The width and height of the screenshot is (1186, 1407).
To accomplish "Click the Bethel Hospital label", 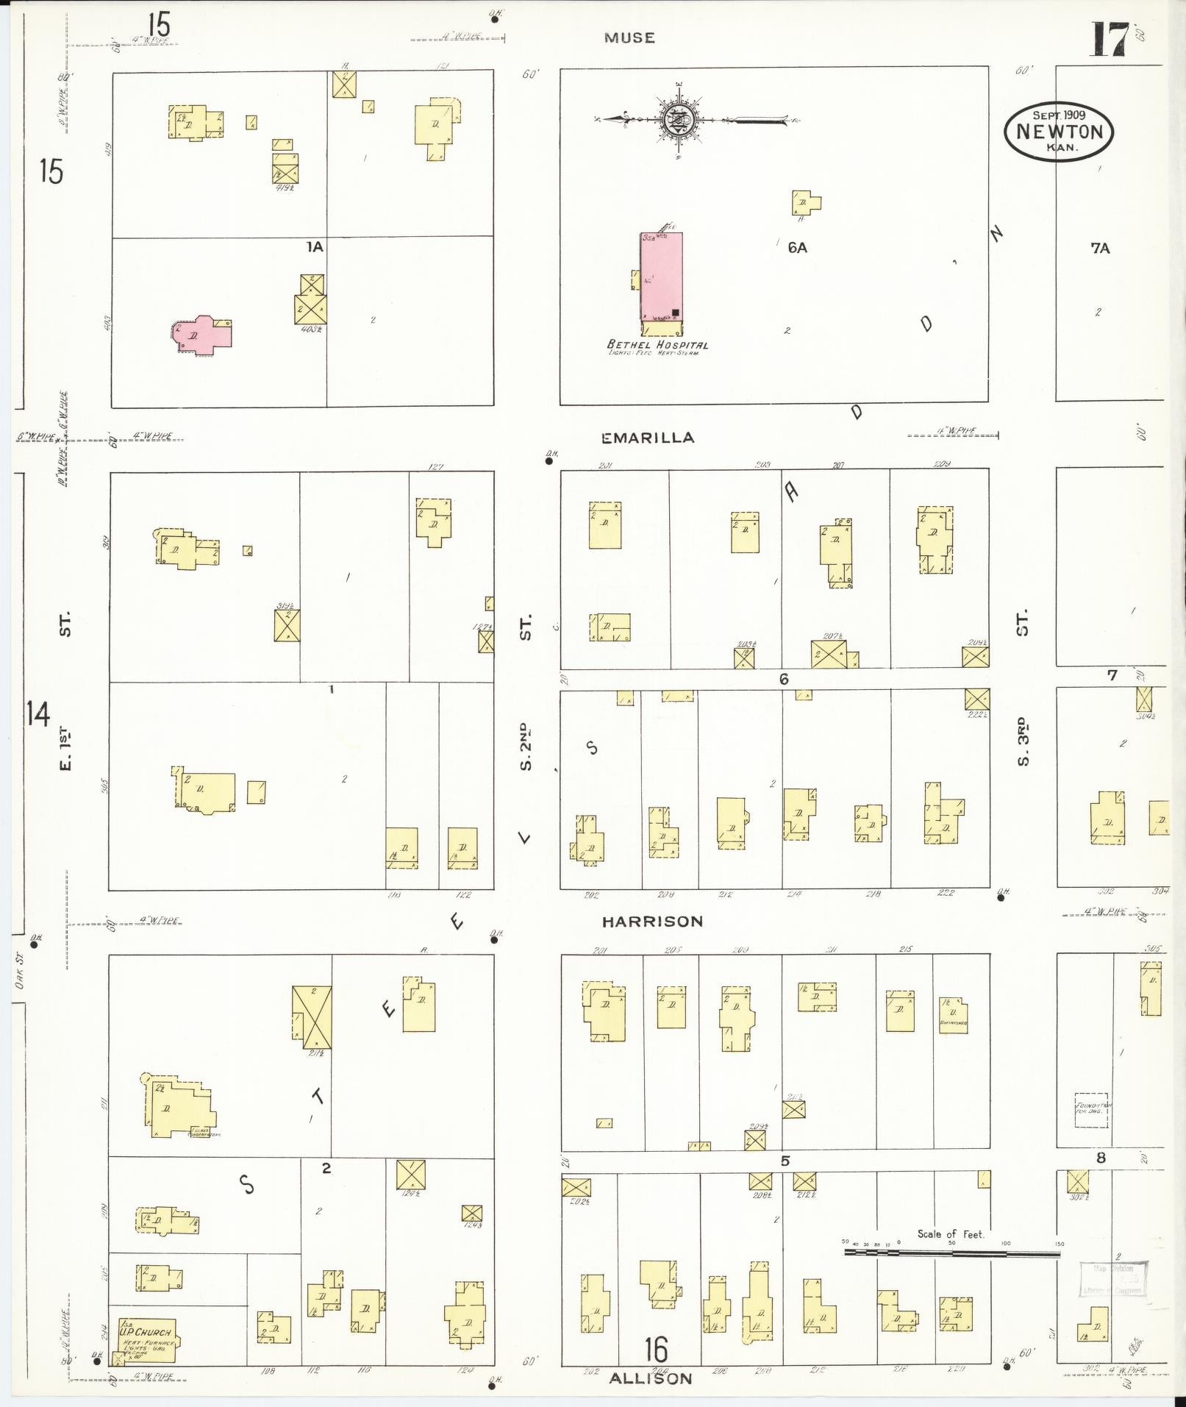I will point(657,345).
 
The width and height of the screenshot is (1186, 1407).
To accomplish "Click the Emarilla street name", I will point(647,438).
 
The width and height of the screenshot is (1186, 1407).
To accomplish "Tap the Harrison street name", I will point(652,921).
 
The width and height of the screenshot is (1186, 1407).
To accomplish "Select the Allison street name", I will point(651,1378).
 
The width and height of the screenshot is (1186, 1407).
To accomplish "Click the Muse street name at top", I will point(629,38).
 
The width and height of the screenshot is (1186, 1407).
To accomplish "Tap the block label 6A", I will point(797,248).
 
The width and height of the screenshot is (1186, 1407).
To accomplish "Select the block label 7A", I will point(1100,249).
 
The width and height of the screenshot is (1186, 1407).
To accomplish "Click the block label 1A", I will point(315,247).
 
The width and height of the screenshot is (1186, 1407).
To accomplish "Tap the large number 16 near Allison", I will point(656,1350).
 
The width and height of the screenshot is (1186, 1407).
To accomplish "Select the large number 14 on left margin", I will point(38,713).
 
